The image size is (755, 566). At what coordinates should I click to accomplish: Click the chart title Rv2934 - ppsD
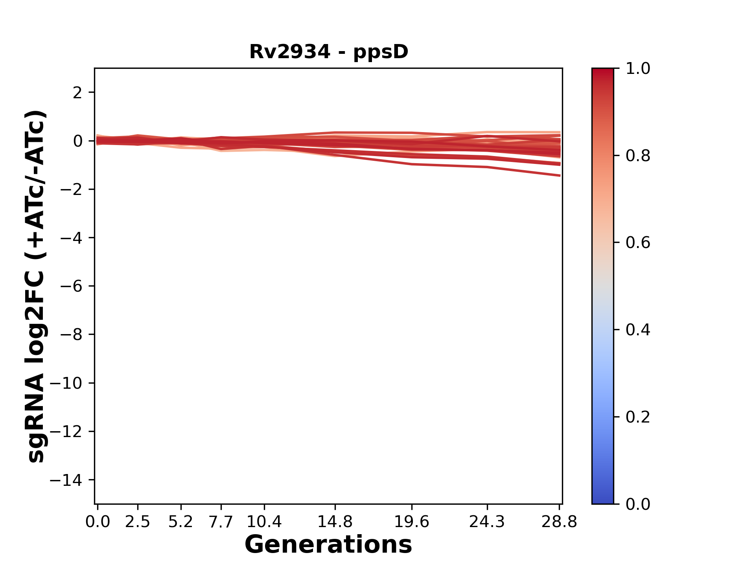pyautogui.click(x=329, y=52)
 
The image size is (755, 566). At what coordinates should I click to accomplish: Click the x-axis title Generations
pyautogui.click(x=328, y=545)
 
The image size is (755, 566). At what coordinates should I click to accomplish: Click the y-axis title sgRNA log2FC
pyautogui.click(x=36, y=286)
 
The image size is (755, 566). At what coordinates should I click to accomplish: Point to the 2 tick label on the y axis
pyautogui.click(x=77, y=93)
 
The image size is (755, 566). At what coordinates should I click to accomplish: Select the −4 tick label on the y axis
pyautogui.click(x=71, y=238)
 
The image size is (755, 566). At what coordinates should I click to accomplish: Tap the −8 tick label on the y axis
pyautogui.click(x=71, y=334)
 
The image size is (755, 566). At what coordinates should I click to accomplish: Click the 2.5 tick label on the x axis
pyautogui.click(x=138, y=522)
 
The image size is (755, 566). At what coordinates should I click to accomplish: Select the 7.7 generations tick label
pyautogui.click(x=221, y=522)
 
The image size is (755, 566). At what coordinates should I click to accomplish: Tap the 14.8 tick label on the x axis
pyautogui.click(x=335, y=522)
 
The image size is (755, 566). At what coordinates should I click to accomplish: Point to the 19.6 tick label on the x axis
pyautogui.click(x=412, y=522)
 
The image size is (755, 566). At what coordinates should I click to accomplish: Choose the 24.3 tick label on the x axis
pyautogui.click(x=487, y=522)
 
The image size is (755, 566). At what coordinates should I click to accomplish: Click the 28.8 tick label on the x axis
pyautogui.click(x=559, y=522)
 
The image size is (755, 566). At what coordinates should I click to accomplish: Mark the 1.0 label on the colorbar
pyautogui.click(x=638, y=69)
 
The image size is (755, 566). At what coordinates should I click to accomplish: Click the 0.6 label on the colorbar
pyautogui.click(x=638, y=243)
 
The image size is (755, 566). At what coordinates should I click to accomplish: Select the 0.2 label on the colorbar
pyautogui.click(x=638, y=417)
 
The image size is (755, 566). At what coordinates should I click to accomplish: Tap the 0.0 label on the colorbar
pyautogui.click(x=638, y=504)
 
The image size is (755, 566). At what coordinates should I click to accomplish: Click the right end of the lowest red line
pyautogui.click(x=559, y=175)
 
